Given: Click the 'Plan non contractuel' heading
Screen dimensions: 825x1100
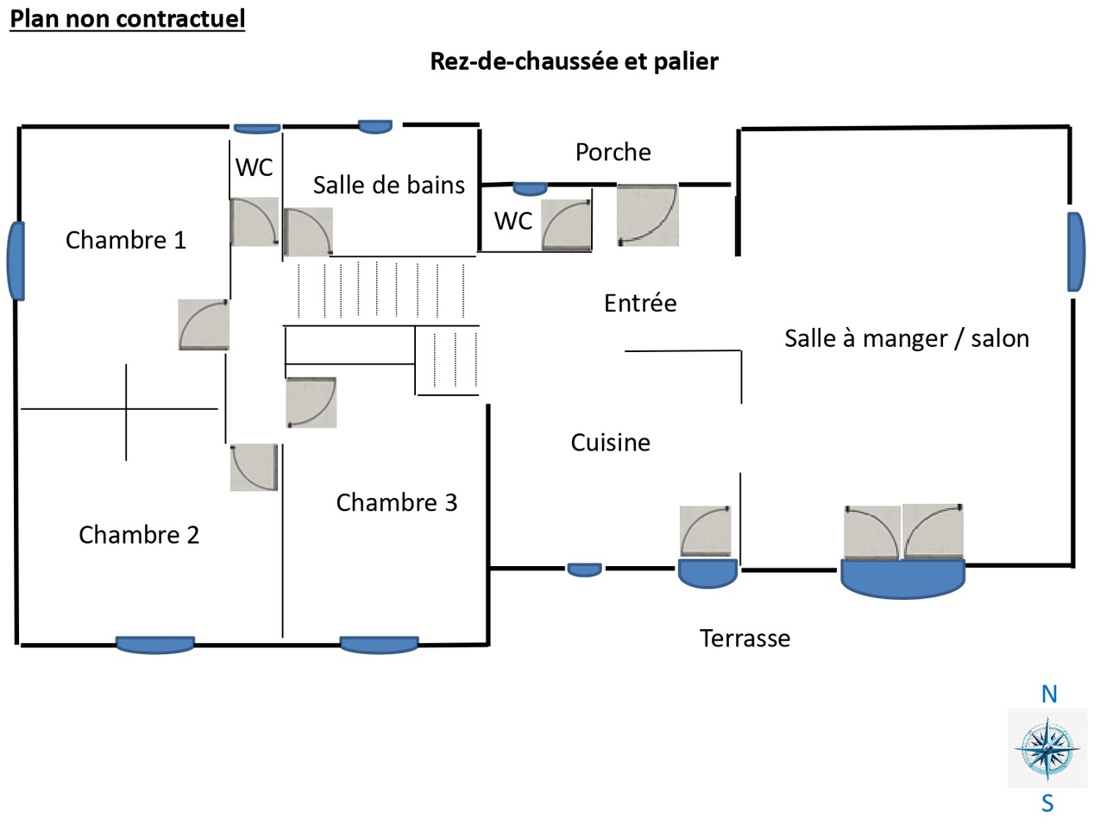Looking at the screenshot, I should click(128, 18).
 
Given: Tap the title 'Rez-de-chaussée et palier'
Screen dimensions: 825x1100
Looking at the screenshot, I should click(574, 61).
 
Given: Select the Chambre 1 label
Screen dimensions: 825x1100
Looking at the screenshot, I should click(126, 240).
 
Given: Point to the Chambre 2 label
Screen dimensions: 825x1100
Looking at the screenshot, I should click(139, 535).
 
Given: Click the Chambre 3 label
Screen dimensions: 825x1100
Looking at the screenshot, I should click(396, 502).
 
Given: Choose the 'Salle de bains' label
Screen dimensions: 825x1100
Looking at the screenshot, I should click(388, 185).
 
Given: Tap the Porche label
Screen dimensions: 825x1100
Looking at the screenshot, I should click(613, 152).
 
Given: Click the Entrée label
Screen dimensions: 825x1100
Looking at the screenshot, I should click(640, 303).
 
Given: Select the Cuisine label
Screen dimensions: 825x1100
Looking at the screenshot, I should click(611, 443).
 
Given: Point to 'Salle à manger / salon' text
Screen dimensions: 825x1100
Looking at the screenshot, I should click(907, 338).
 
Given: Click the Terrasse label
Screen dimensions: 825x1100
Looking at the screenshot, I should click(745, 639).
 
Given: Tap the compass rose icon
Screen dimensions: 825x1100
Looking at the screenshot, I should click(1047, 748).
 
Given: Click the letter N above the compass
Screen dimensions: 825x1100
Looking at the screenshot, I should click(1049, 694).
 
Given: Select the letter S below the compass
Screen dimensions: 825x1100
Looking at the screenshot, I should click(1047, 803).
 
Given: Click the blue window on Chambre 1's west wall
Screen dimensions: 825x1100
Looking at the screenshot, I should click(16, 261).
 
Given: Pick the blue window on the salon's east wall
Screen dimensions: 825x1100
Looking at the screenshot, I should click(1076, 252).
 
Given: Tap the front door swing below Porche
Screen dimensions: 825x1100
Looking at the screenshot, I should click(648, 215).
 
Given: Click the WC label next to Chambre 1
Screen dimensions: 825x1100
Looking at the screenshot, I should click(255, 167).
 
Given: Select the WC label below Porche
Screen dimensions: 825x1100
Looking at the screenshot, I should click(513, 221).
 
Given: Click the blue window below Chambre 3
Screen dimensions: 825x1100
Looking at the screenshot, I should click(379, 645).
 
